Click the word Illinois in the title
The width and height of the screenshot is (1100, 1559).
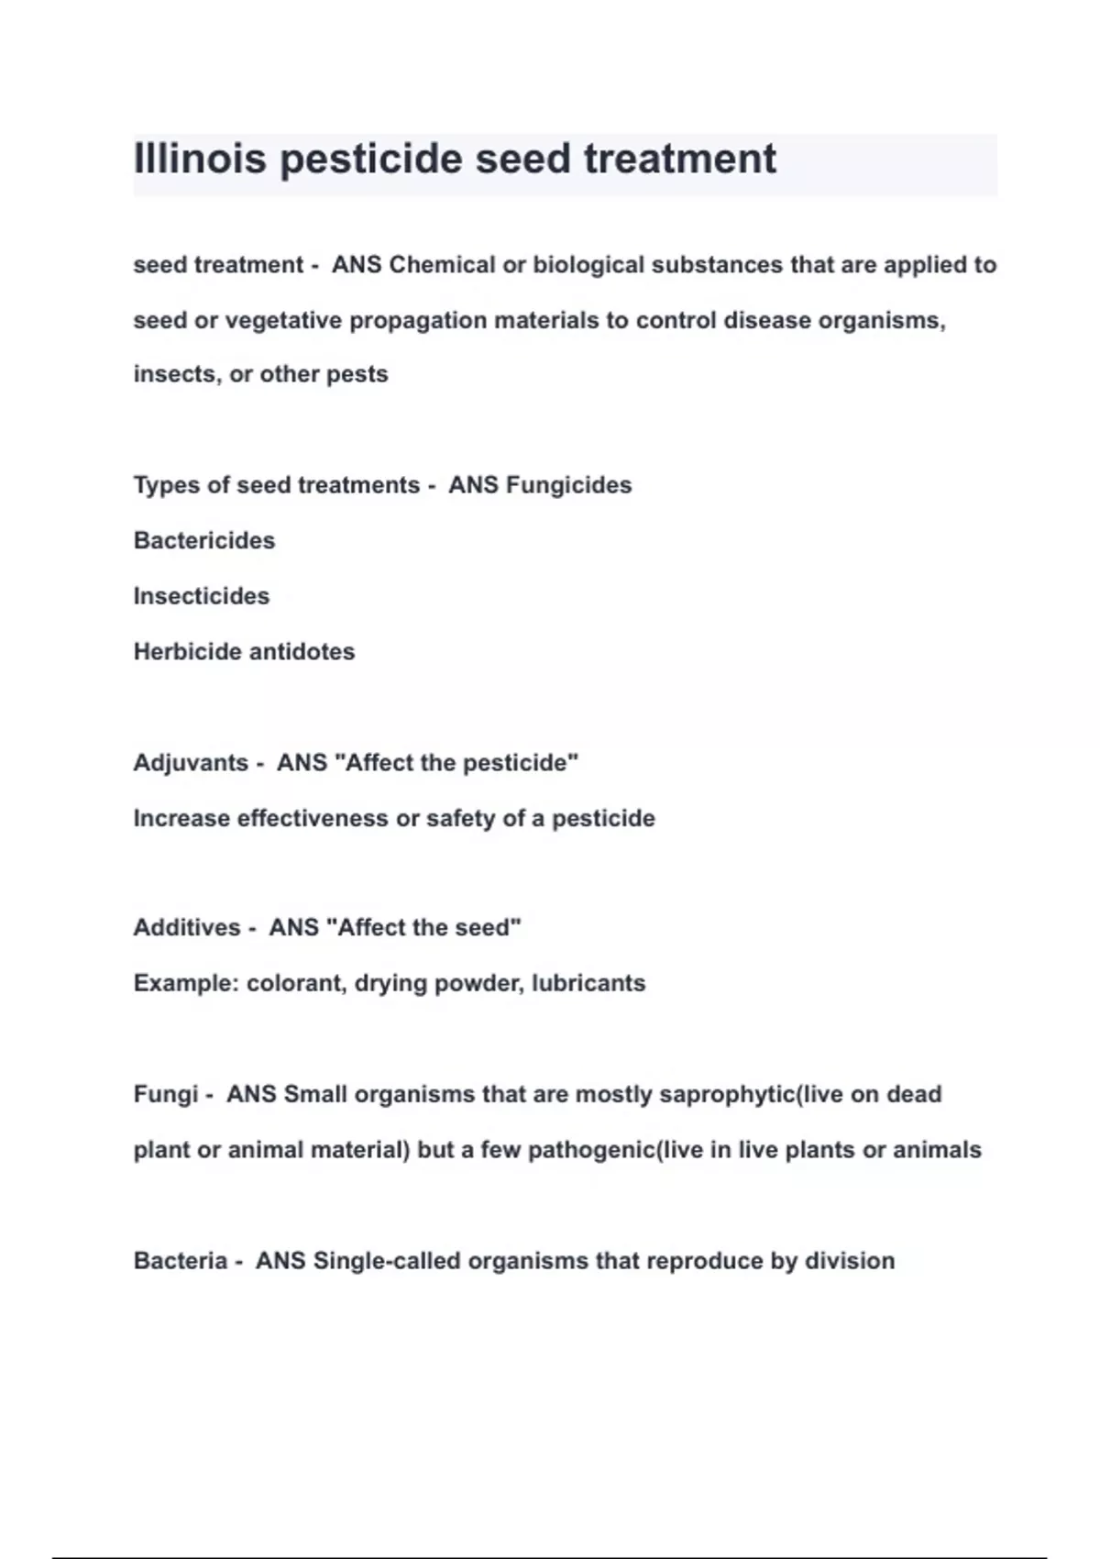click(200, 159)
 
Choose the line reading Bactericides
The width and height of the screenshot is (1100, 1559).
click(203, 541)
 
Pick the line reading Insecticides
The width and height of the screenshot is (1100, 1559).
click(201, 596)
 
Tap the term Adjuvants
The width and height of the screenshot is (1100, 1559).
click(191, 763)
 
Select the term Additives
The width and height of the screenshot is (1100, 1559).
click(186, 928)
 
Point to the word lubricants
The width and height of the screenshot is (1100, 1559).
click(588, 983)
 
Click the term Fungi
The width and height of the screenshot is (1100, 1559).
click(165, 1094)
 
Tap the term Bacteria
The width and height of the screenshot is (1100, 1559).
click(180, 1261)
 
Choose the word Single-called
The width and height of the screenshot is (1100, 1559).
click(387, 1261)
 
